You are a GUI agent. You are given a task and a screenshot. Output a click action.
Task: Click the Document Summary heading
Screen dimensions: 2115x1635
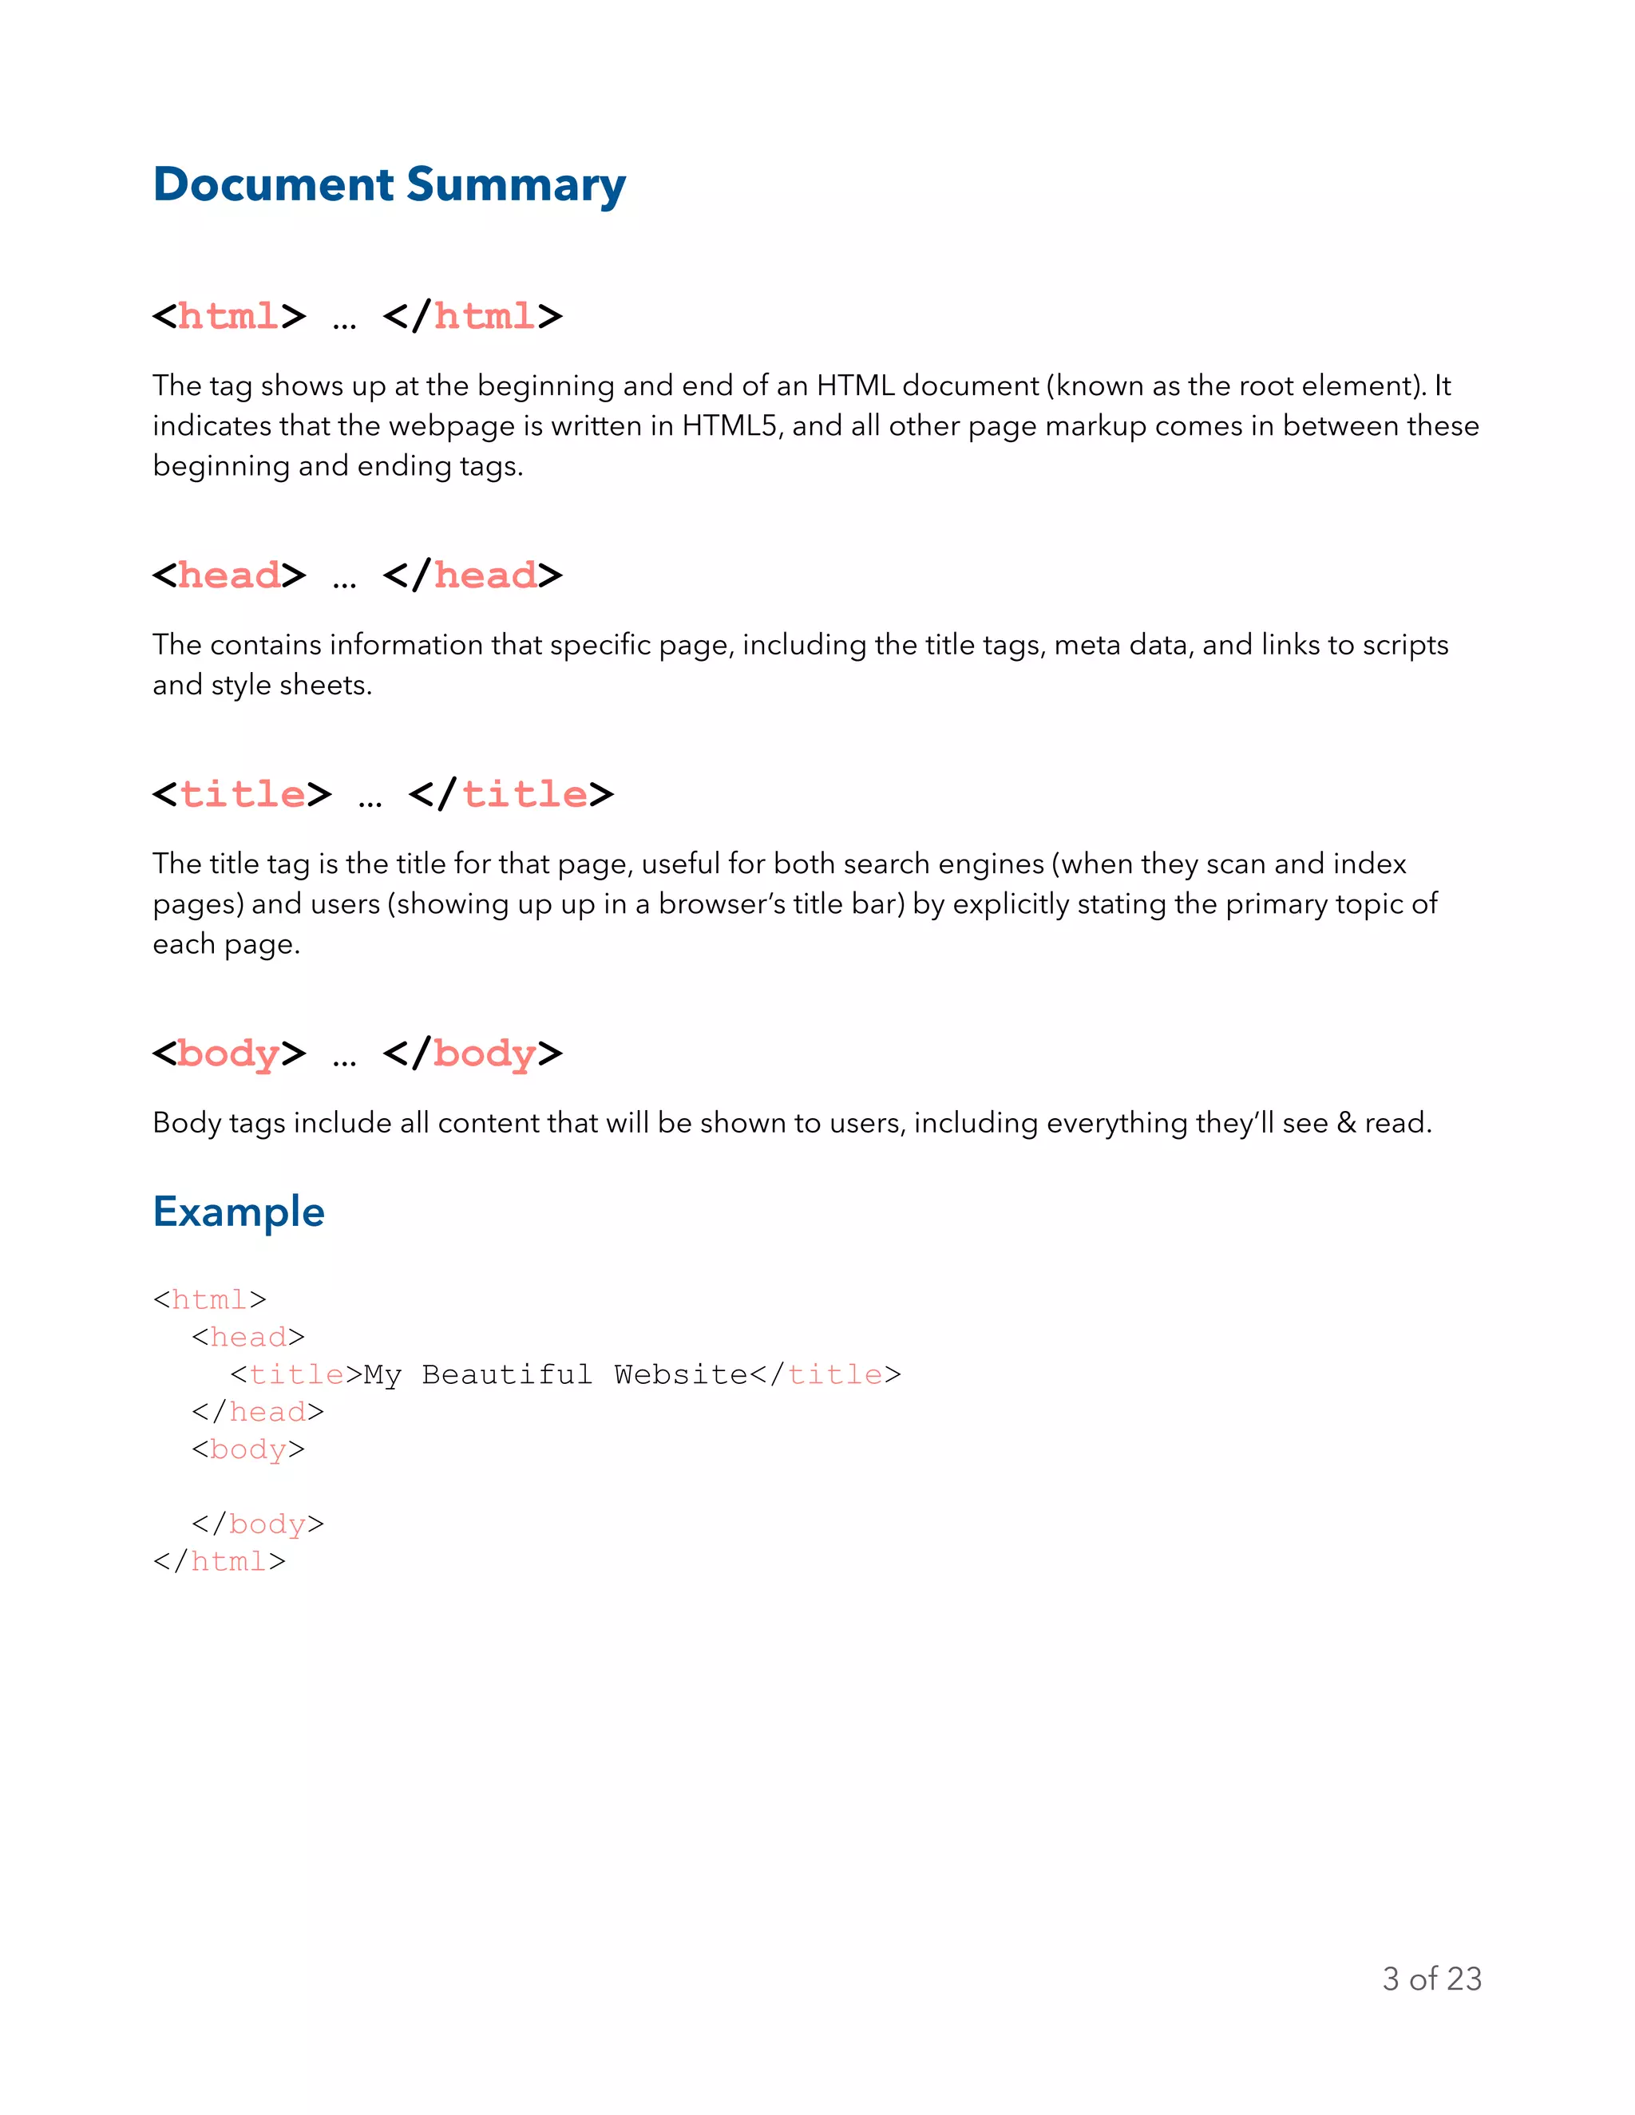[x=390, y=184]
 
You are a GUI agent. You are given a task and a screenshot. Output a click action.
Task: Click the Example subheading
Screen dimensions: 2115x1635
[x=238, y=1212]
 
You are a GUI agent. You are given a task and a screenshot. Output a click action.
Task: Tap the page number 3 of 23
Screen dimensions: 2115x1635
[x=1431, y=1979]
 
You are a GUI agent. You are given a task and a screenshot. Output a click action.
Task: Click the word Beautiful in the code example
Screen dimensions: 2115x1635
[x=507, y=1375]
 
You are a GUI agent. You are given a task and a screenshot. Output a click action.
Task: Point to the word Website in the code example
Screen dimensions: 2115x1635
[x=680, y=1375]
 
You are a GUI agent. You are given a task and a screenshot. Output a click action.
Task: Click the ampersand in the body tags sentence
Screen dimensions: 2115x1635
[x=1346, y=1124]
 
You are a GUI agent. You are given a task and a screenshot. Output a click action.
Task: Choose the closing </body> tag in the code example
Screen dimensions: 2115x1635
[x=258, y=1524]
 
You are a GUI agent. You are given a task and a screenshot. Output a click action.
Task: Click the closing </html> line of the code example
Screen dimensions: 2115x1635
[x=220, y=1562]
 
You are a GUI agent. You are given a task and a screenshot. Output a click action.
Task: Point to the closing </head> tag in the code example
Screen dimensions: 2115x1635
[x=258, y=1412]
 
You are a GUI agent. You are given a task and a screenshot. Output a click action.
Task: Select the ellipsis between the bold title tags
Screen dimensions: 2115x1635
[x=370, y=799]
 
